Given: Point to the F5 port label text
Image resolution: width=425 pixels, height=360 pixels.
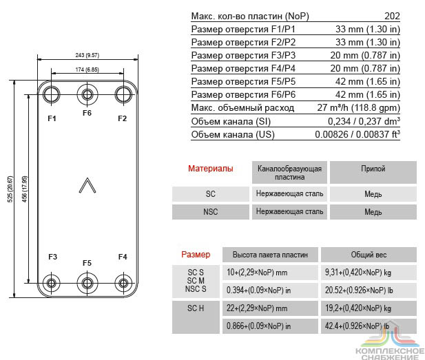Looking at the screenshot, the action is (x=87, y=263).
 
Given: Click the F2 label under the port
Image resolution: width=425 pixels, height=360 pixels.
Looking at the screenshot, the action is (x=122, y=118).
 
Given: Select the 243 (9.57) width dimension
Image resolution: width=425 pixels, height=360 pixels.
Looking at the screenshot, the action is (x=87, y=55).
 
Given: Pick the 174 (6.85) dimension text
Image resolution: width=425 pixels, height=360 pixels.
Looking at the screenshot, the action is (x=87, y=70).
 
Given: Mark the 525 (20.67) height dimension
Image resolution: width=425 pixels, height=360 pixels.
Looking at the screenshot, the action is (x=10, y=189).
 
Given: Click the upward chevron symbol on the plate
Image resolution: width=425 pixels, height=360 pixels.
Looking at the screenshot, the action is (x=87, y=185).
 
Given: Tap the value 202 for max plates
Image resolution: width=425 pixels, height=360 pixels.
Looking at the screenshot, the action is (x=392, y=16).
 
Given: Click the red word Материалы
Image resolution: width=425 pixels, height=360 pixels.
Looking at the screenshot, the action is (x=211, y=169).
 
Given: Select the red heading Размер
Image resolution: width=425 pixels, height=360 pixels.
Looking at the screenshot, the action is (x=196, y=255).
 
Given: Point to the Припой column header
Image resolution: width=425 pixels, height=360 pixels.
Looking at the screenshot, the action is (x=373, y=169).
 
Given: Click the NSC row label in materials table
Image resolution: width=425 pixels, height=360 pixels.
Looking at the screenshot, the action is (x=211, y=211).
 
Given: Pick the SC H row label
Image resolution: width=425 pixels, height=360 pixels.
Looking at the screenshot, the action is (x=196, y=308).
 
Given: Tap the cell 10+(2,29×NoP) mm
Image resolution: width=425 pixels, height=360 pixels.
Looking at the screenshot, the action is (x=257, y=272).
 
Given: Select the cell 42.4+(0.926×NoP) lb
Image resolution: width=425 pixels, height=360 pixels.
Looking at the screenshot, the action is (x=357, y=326).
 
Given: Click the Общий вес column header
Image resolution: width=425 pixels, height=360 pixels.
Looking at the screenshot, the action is (x=369, y=255).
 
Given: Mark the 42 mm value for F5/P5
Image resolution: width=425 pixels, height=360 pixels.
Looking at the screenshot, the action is (x=368, y=81).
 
